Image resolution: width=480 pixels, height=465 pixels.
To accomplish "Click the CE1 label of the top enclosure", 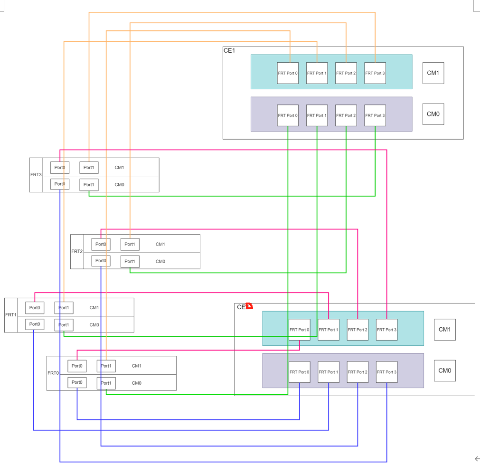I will tap(229, 50).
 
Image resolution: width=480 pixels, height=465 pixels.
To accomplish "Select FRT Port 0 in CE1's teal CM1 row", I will tap(288, 73).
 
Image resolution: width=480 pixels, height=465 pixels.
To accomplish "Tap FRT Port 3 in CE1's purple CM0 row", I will tap(375, 115).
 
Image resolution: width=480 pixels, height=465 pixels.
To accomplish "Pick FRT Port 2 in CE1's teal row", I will tap(346, 73).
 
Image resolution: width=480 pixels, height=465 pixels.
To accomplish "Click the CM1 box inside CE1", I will tap(433, 73).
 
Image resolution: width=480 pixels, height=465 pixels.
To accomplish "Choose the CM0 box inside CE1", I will tap(433, 114).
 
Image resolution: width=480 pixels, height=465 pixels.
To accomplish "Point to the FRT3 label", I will tap(36, 175).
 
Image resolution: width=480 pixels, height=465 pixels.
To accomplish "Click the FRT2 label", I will tap(77, 251).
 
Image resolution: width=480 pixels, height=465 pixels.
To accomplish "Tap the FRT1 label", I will tap(11, 315).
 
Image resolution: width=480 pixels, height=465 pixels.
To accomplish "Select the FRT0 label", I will tap(53, 373).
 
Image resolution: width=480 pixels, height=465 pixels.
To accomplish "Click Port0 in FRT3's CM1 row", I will tap(60, 168).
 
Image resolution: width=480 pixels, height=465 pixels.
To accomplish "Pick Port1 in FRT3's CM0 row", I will tap(89, 185).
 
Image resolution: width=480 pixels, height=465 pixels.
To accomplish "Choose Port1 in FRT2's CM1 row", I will tap(130, 245).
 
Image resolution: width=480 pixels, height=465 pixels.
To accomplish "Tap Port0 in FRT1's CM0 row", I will tap(35, 324).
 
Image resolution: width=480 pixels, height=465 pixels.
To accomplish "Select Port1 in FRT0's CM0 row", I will tap(106, 383).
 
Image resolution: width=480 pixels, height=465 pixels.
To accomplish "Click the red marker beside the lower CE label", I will tap(249, 306).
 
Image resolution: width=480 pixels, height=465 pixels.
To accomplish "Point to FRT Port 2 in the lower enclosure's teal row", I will tap(358, 330).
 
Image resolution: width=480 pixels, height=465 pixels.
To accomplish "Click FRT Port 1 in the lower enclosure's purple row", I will tap(328, 372).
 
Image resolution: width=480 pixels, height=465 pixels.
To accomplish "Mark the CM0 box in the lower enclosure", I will tap(444, 371).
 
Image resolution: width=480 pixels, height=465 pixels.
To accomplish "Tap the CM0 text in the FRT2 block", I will tap(160, 262).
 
